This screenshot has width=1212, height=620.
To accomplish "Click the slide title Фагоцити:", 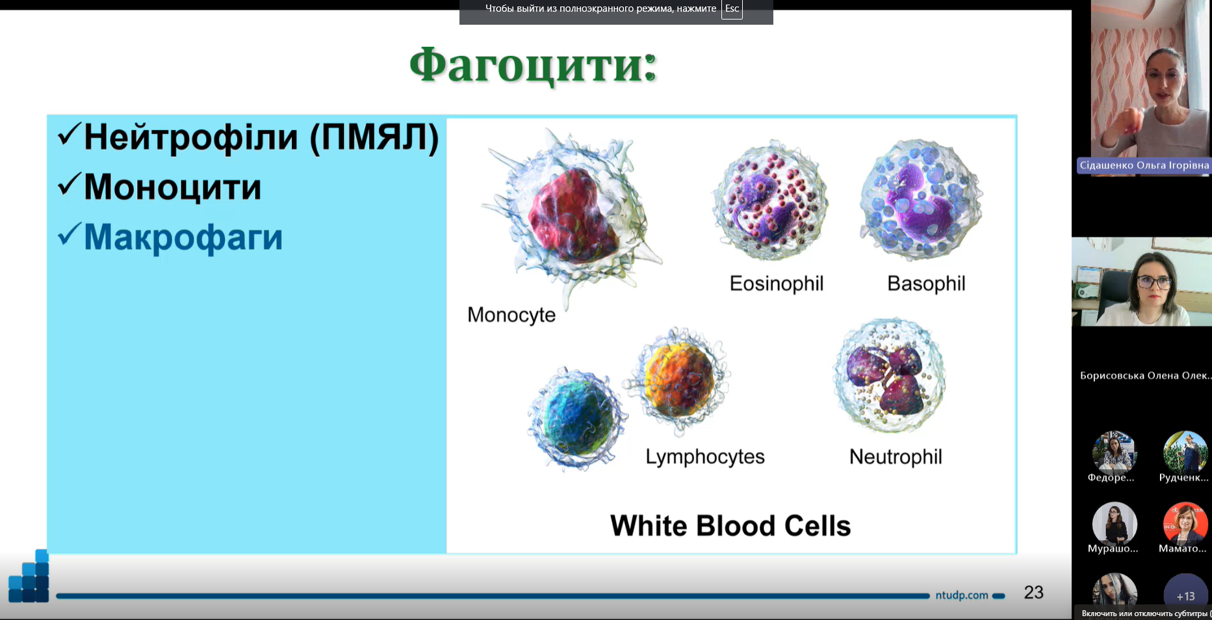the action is [533, 66].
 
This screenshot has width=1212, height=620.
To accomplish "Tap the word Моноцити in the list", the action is [172, 187].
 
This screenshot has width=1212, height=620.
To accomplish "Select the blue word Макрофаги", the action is [183, 237].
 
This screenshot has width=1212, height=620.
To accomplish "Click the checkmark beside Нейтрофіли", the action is [69, 135].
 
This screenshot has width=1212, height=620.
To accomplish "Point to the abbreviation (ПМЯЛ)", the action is [374, 137].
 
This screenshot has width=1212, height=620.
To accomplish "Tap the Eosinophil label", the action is [777, 284].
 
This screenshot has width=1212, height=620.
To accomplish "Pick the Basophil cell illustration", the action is [921, 199].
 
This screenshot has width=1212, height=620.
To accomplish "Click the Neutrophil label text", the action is [896, 457].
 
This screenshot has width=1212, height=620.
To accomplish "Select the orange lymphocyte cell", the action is [678, 380].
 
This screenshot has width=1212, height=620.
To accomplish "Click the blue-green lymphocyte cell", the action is [576, 418].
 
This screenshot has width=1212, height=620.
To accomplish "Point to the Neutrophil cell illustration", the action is [889, 376].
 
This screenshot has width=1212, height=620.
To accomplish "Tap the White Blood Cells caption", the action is [730, 526].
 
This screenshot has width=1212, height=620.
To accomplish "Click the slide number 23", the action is [1034, 592].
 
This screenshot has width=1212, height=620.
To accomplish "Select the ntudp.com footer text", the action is [962, 595].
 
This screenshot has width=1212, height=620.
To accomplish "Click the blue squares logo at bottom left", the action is [29, 576].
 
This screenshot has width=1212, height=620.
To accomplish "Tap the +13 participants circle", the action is [1185, 595].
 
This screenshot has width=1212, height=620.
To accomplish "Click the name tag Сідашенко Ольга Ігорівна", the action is [1144, 165].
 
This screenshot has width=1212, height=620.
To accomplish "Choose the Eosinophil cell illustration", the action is [771, 200].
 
